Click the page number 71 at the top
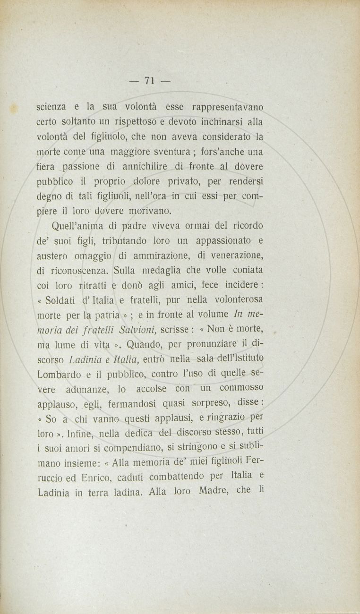[x=150, y=81]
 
